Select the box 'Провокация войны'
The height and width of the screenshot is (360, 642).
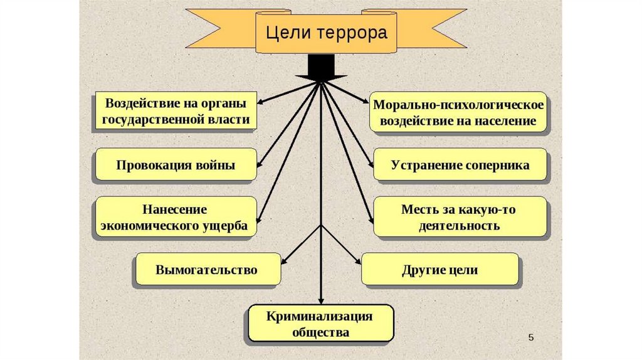tap(176, 166)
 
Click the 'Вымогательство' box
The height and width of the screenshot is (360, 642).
tap(206, 270)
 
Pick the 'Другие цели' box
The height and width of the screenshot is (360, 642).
tap(440, 270)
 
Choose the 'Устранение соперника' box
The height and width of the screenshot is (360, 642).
tap(460, 166)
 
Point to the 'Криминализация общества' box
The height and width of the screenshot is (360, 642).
tap(320, 324)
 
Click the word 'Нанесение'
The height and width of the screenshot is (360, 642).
tap(175, 209)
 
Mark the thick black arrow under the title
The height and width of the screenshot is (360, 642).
tap(321, 66)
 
